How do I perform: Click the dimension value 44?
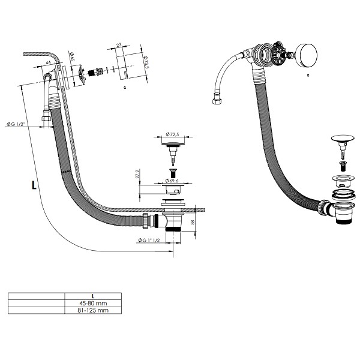click(48, 62)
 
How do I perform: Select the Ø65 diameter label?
click(71, 58)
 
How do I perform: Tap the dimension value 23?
click(119, 44)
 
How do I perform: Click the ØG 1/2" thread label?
click(14, 124)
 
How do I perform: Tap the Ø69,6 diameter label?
click(172, 180)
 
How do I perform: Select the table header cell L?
click(92, 296)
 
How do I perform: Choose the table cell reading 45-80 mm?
click(92, 303)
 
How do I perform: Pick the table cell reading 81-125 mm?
click(92, 310)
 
